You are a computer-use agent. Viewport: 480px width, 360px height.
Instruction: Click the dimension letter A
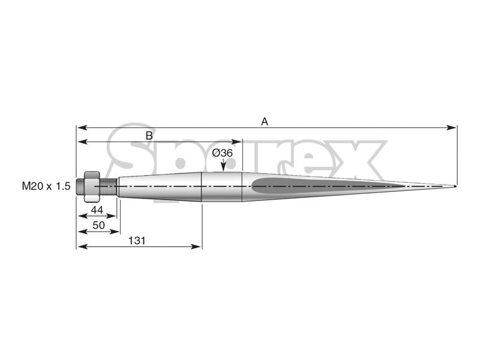264,121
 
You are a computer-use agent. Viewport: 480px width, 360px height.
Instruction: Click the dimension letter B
149,136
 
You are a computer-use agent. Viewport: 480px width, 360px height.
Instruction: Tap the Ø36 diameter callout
223,154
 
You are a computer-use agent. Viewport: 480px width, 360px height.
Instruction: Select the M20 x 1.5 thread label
46,187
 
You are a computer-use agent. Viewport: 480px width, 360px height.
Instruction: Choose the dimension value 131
138,240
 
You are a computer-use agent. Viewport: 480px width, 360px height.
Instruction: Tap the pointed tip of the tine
454,186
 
